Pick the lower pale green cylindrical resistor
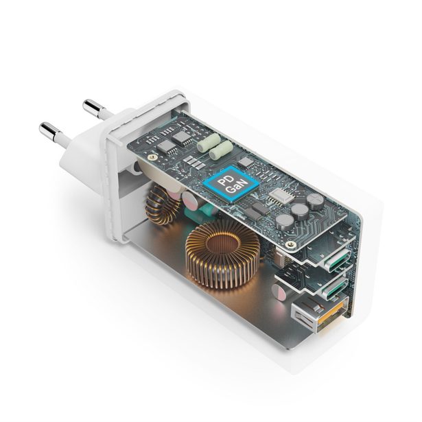point(221,152)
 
